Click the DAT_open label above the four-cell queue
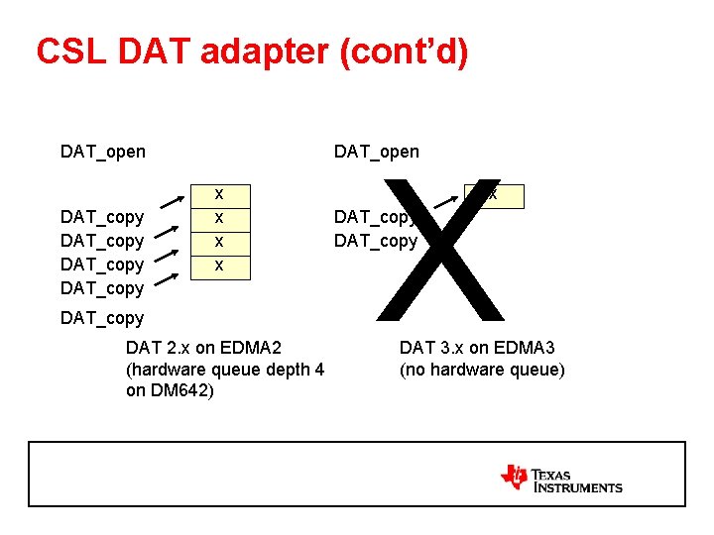pyautogui.click(x=102, y=152)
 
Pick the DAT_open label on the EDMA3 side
pyautogui.click(x=377, y=152)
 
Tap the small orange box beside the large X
pyautogui.click(x=494, y=195)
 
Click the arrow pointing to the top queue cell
pyautogui.click(x=170, y=208)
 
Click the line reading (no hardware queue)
pyautogui.click(x=482, y=370)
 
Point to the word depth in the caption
pyautogui.click(x=287, y=370)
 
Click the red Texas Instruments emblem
pyautogui.click(x=515, y=477)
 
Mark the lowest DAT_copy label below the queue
pyautogui.click(x=102, y=318)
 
